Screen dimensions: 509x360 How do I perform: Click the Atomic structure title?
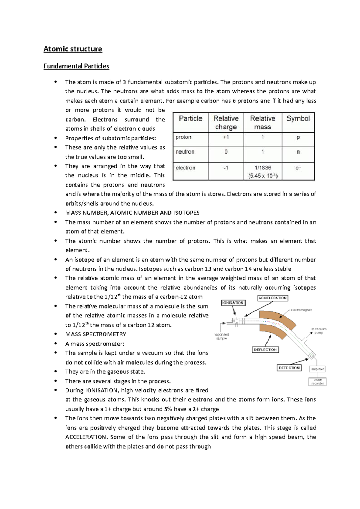coord(73,49)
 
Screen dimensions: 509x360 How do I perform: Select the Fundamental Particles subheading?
coord(76,66)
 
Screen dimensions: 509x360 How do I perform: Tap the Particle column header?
coord(190,119)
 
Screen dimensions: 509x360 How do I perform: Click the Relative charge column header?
coord(226,123)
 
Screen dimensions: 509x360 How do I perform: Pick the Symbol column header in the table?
coord(298,119)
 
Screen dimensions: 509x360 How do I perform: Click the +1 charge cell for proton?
coord(226,137)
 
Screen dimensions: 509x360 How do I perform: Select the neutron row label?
coord(185,152)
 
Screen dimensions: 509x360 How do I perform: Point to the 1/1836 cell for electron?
coord(263,168)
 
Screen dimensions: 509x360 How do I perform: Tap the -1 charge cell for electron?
coord(226,168)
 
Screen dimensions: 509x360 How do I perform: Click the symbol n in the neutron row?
coord(298,152)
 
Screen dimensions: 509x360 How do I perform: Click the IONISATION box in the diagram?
coord(233,303)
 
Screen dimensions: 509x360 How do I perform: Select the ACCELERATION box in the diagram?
coord(273,298)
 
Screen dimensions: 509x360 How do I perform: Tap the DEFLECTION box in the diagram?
coord(265,350)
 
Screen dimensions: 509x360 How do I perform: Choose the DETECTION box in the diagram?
coord(289,368)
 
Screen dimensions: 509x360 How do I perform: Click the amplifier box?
coord(317,369)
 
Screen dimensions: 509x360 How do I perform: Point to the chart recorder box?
coord(317,382)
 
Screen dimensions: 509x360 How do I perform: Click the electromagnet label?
coord(301,310)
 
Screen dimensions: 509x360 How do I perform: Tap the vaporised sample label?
coord(222,336)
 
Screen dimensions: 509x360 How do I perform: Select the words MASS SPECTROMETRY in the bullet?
coord(96,334)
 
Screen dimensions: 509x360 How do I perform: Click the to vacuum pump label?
coord(319,331)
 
